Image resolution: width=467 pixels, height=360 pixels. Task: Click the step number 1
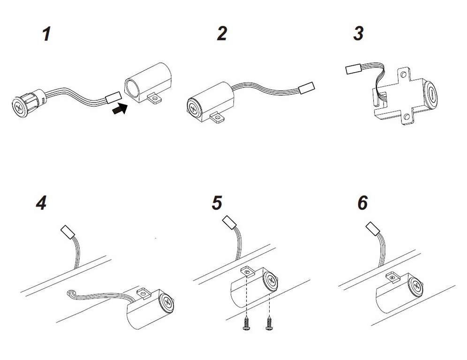click(46, 34)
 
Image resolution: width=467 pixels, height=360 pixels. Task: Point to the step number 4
click(42, 203)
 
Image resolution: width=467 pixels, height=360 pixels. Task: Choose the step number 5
click(217, 203)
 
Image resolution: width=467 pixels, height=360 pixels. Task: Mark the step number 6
click(362, 203)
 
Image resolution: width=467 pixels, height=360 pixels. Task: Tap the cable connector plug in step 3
click(353, 70)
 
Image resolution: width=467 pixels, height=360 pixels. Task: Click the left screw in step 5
click(246, 323)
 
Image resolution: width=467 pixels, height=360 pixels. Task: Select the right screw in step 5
click(270, 323)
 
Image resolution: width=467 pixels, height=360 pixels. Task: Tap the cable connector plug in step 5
click(228, 222)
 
